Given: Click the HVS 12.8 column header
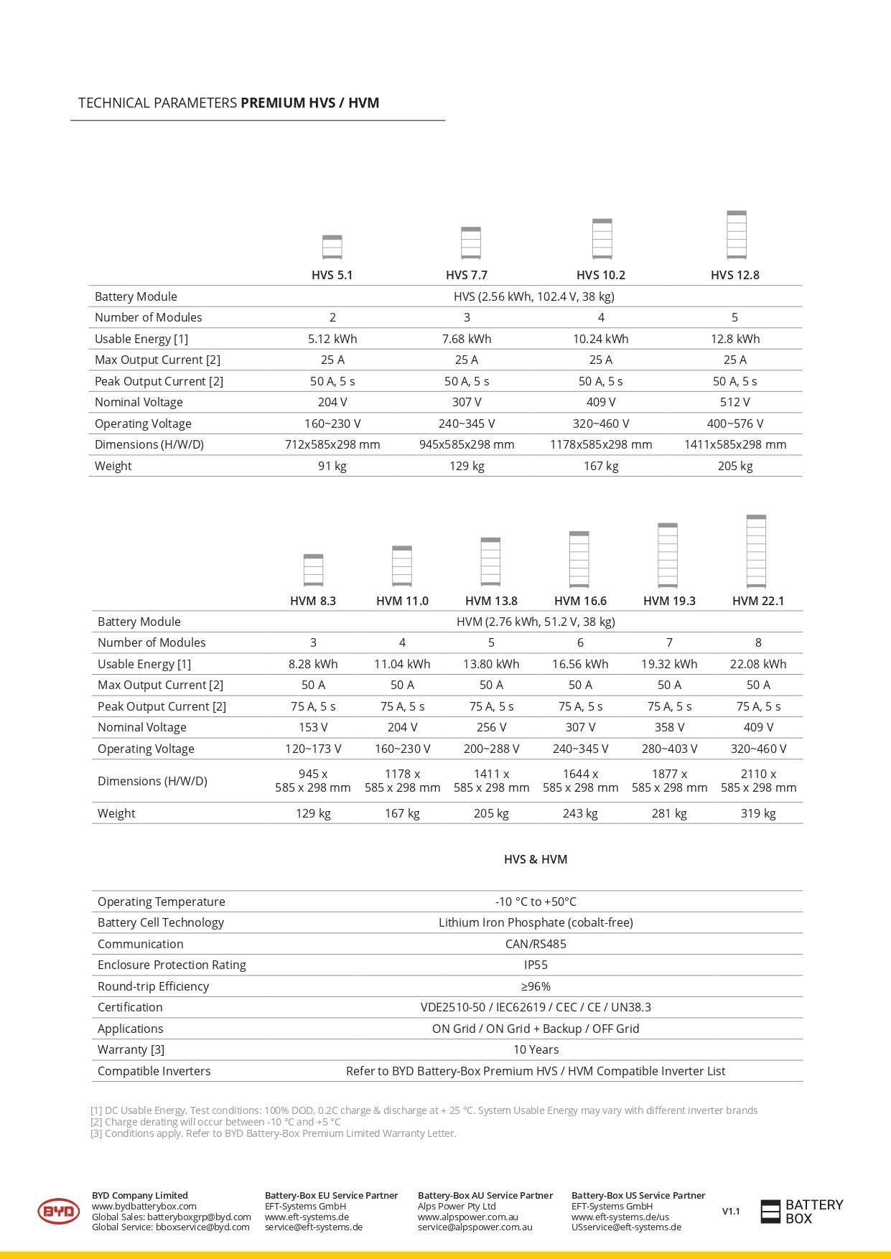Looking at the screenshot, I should (x=734, y=275).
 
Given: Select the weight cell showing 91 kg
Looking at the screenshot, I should (x=332, y=466).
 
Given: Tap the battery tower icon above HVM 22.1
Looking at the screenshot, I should (x=756, y=551).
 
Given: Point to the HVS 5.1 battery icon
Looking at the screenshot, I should (x=332, y=247).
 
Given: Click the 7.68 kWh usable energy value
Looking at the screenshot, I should (x=467, y=339).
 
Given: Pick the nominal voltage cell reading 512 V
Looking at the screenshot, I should (x=734, y=402).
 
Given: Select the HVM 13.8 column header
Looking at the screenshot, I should (x=491, y=601).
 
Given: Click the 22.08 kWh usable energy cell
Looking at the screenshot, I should (x=758, y=664).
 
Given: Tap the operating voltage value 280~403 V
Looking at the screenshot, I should (x=669, y=749).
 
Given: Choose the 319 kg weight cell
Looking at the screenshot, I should (x=758, y=813).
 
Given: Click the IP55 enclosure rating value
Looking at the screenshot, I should (x=536, y=965).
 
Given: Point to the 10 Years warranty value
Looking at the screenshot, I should (x=536, y=1049).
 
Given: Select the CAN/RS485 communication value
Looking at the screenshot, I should (x=536, y=944).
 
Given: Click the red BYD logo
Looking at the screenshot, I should (x=58, y=1212).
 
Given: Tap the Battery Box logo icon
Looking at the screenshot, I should (x=770, y=1212).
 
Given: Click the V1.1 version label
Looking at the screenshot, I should (x=731, y=1212).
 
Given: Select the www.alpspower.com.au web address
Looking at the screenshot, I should (x=468, y=1217).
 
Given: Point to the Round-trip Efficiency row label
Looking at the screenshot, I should (x=153, y=986).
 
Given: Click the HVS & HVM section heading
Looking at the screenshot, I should (x=536, y=859).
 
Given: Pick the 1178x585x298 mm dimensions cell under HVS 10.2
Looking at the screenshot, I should (x=601, y=444).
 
